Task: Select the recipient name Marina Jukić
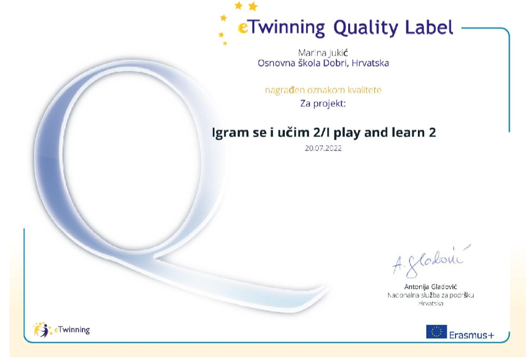pyautogui.click(x=323, y=53)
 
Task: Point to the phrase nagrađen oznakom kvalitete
pyautogui.click(x=324, y=90)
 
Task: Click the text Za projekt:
pyautogui.click(x=323, y=103)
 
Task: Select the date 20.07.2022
pyautogui.click(x=324, y=148)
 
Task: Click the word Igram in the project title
pyautogui.click(x=230, y=133)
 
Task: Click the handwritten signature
pyautogui.click(x=430, y=261)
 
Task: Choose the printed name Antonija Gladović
pyautogui.click(x=430, y=287)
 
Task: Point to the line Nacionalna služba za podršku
pyautogui.click(x=430, y=295)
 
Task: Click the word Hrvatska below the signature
pyautogui.click(x=430, y=303)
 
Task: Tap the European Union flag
pyautogui.click(x=436, y=331)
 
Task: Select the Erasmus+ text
pyautogui.click(x=471, y=335)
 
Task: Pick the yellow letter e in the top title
pyautogui.click(x=243, y=28)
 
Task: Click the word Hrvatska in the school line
pyautogui.click(x=370, y=63)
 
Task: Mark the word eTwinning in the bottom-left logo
pyautogui.click(x=72, y=330)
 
